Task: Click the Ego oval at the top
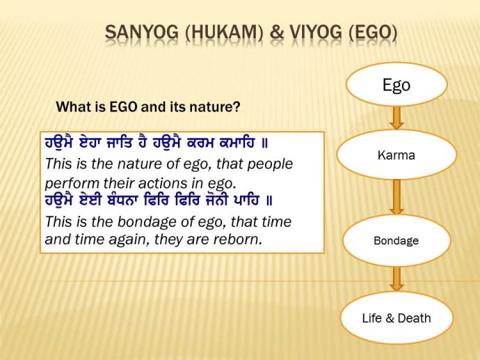coord(397,84)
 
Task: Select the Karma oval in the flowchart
coord(397,155)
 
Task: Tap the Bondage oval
coord(397,240)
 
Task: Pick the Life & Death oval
coord(397,318)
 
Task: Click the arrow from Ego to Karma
coord(397,118)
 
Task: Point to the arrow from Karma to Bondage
coord(397,197)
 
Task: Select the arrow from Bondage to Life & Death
coord(397,279)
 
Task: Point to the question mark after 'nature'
coord(238,107)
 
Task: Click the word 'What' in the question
coord(72,107)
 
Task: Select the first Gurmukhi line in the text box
coord(157,144)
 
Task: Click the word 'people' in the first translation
coord(268,165)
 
